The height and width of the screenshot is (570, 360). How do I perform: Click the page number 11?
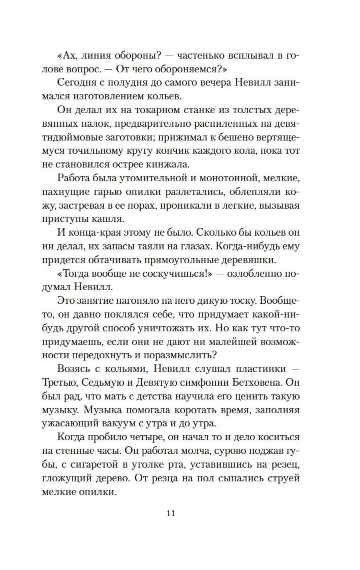171,513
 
